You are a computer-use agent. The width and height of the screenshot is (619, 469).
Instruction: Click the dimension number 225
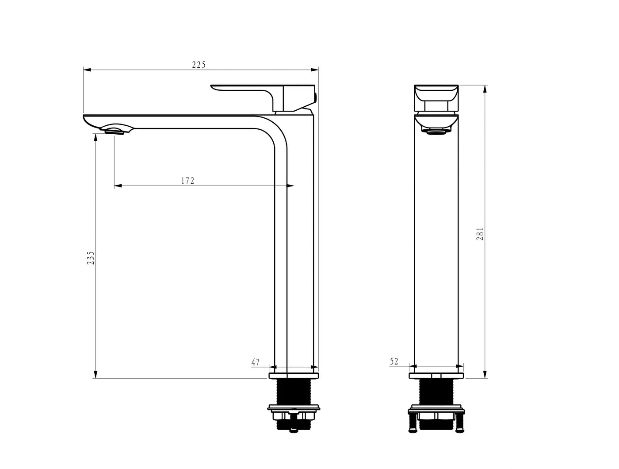coord(199,65)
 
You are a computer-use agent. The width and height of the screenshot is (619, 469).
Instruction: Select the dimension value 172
coord(187,181)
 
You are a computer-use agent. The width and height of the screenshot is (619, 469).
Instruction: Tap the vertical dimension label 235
coord(91,258)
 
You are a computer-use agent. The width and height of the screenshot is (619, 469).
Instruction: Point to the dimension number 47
coord(256,362)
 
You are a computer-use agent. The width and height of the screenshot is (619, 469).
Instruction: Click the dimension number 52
coord(394,361)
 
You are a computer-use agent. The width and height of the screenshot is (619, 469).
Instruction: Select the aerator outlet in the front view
coord(436,132)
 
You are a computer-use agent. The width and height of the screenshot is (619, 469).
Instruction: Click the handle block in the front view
coord(436,98)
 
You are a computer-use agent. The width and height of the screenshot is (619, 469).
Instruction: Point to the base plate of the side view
coord(294,376)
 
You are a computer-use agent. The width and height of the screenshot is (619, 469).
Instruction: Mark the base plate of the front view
coord(436,376)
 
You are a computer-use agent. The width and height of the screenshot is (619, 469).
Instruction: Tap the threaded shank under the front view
coord(436,391)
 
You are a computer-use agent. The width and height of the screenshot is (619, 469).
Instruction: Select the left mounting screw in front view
coord(412,423)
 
